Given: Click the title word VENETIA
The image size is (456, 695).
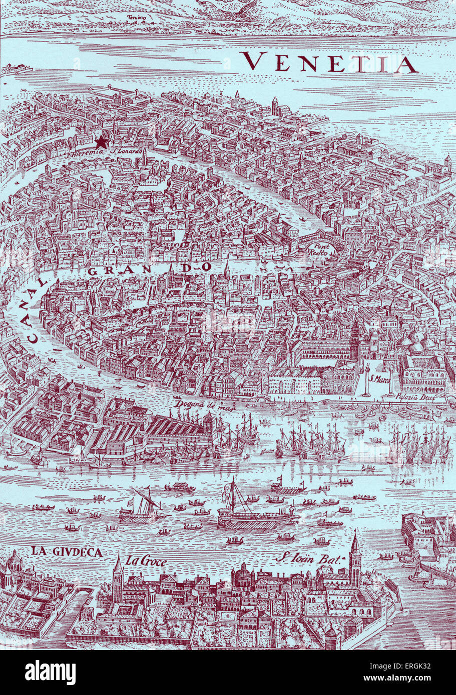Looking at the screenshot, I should coord(330,62).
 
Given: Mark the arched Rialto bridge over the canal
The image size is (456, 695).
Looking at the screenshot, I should coord(320,236).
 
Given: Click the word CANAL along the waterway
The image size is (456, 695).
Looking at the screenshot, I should coord(36,312).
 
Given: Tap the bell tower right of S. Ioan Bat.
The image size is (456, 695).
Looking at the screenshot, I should coord(355,557).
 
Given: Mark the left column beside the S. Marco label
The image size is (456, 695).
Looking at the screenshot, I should coord(366,380).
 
